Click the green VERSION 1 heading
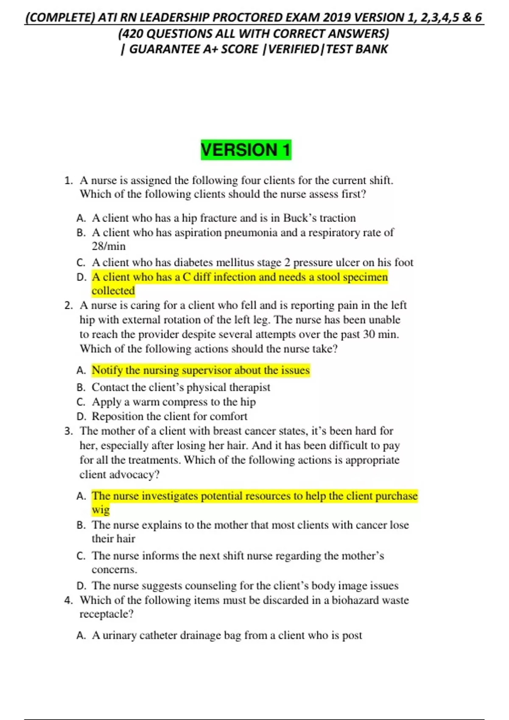pos(246,150)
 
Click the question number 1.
pos(68,180)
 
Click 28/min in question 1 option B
pos(109,246)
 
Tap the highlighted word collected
pos(113,291)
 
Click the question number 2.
pos(68,305)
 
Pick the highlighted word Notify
pos(107,370)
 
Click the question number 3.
pos(68,431)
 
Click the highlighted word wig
pos(101,510)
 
